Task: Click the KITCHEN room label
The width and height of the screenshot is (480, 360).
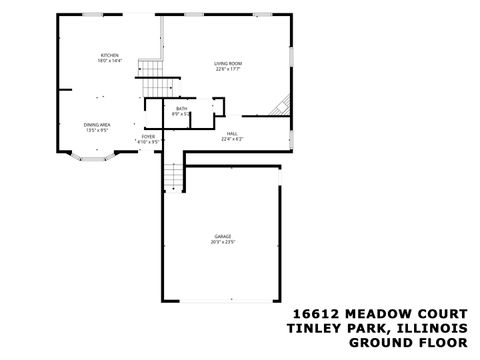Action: pyautogui.click(x=109, y=54)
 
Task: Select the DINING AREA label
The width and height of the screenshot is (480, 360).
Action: pyautogui.click(x=97, y=124)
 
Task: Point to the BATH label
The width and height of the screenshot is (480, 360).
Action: pyautogui.click(x=181, y=108)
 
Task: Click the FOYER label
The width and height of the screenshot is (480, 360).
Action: pyautogui.click(x=148, y=135)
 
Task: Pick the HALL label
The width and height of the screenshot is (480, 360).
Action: pyautogui.click(x=231, y=132)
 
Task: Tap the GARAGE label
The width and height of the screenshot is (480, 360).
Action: pyautogui.click(x=222, y=236)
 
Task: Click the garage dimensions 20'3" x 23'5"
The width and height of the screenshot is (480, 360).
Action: pyautogui.click(x=222, y=242)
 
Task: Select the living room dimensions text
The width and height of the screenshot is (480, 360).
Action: pyautogui.click(x=228, y=70)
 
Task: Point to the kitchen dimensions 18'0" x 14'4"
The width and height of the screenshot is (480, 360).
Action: pyautogui.click(x=109, y=61)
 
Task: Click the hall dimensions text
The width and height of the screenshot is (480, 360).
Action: pyautogui.click(x=232, y=139)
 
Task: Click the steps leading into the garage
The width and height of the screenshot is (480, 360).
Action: pyautogui.click(x=174, y=177)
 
